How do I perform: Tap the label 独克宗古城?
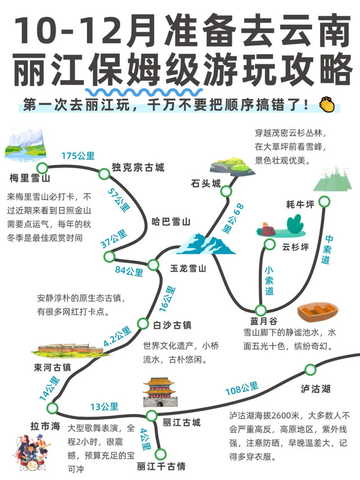pyautogui.click(x=138, y=168)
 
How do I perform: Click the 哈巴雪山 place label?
pyautogui.click(x=172, y=221)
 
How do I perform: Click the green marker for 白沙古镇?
pyautogui.click(x=142, y=323)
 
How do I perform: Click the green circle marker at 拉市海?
pyautogui.click(x=52, y=408)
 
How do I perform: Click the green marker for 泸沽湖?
pyautogui.click(x=310, y=369)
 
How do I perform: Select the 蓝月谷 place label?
pyautogui.click(x=248, y=322)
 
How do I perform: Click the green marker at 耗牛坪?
pyautogui.click(x=324, y=201)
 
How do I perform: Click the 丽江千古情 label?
pyautogui.click(x=161, y=466)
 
